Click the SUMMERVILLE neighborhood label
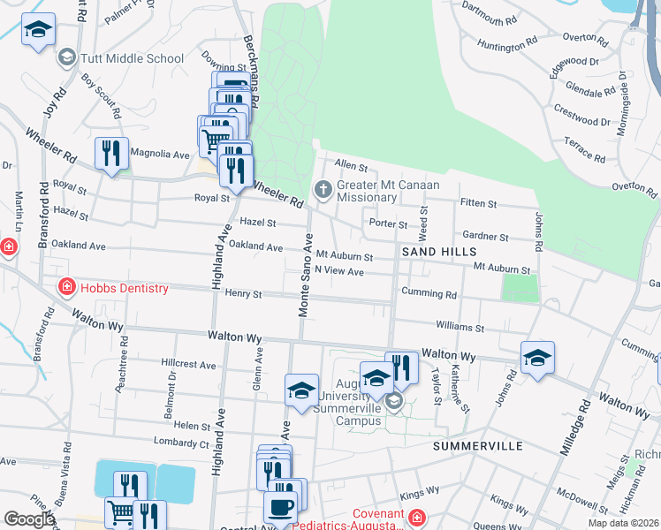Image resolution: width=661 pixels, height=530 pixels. [x=478, y=446]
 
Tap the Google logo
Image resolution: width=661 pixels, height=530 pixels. [x=28, y=519]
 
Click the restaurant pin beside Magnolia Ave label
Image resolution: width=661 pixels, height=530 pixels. [x=111, y=155]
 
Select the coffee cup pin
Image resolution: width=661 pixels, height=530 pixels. [x=281, y=508]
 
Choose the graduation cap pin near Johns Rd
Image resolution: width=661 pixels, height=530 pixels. [x=537, y=359]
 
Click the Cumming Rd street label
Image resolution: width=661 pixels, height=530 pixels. [x=429, y=292]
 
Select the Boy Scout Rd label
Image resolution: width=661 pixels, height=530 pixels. [x=101, y=96]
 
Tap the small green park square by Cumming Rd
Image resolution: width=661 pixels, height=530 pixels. [x=520, y=288]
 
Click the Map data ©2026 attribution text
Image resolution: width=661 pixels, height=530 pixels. [x=622, y=523]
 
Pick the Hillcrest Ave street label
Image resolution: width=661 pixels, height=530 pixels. [x=188, y=364]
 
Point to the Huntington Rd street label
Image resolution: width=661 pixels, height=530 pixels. [x=507, y=42]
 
